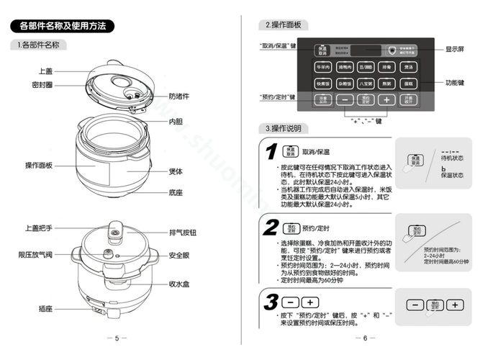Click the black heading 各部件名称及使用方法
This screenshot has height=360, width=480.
point(63,26)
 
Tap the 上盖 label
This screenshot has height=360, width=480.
point(45,71)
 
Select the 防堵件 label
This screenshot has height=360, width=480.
point(179,95)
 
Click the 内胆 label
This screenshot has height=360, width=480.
point(176,122)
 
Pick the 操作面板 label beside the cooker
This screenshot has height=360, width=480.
point(39,165)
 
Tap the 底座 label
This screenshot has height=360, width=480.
point(176,192)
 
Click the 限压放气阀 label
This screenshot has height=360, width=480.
point(35,255)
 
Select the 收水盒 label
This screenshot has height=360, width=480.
point(179,284)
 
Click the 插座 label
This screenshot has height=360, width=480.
point(45,308)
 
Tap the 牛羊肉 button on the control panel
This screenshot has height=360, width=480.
point(323,66)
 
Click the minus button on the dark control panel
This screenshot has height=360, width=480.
point(345,99)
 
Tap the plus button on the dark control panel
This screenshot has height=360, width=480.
point(386,99)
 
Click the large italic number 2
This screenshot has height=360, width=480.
point(271,228)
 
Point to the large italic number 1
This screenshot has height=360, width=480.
point(271,152)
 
